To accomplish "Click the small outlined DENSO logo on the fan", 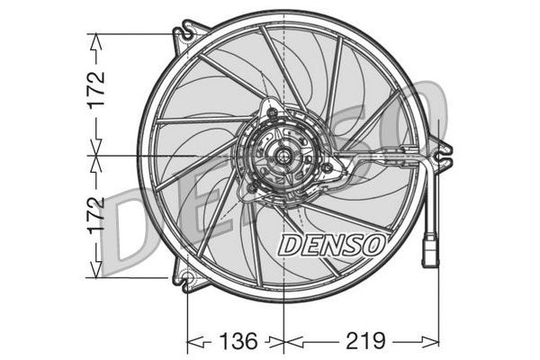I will coord(333,243).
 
